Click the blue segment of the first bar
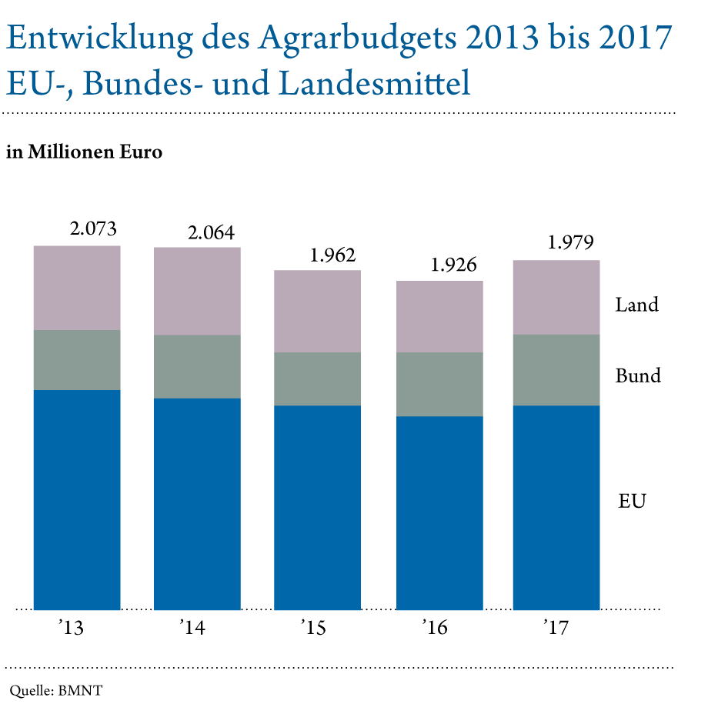[77, 500]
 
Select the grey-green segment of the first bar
[77, 360]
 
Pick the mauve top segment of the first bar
[77, 288]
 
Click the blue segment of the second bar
[197, 504]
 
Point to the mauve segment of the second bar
[197, 291]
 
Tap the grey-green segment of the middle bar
[317, 379]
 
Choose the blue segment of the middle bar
[317, 508]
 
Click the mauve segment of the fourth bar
[439, 316]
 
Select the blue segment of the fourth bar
[439, 513]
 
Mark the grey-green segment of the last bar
[556, 370]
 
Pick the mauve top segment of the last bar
[556, 297]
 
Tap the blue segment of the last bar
[556, 508]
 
